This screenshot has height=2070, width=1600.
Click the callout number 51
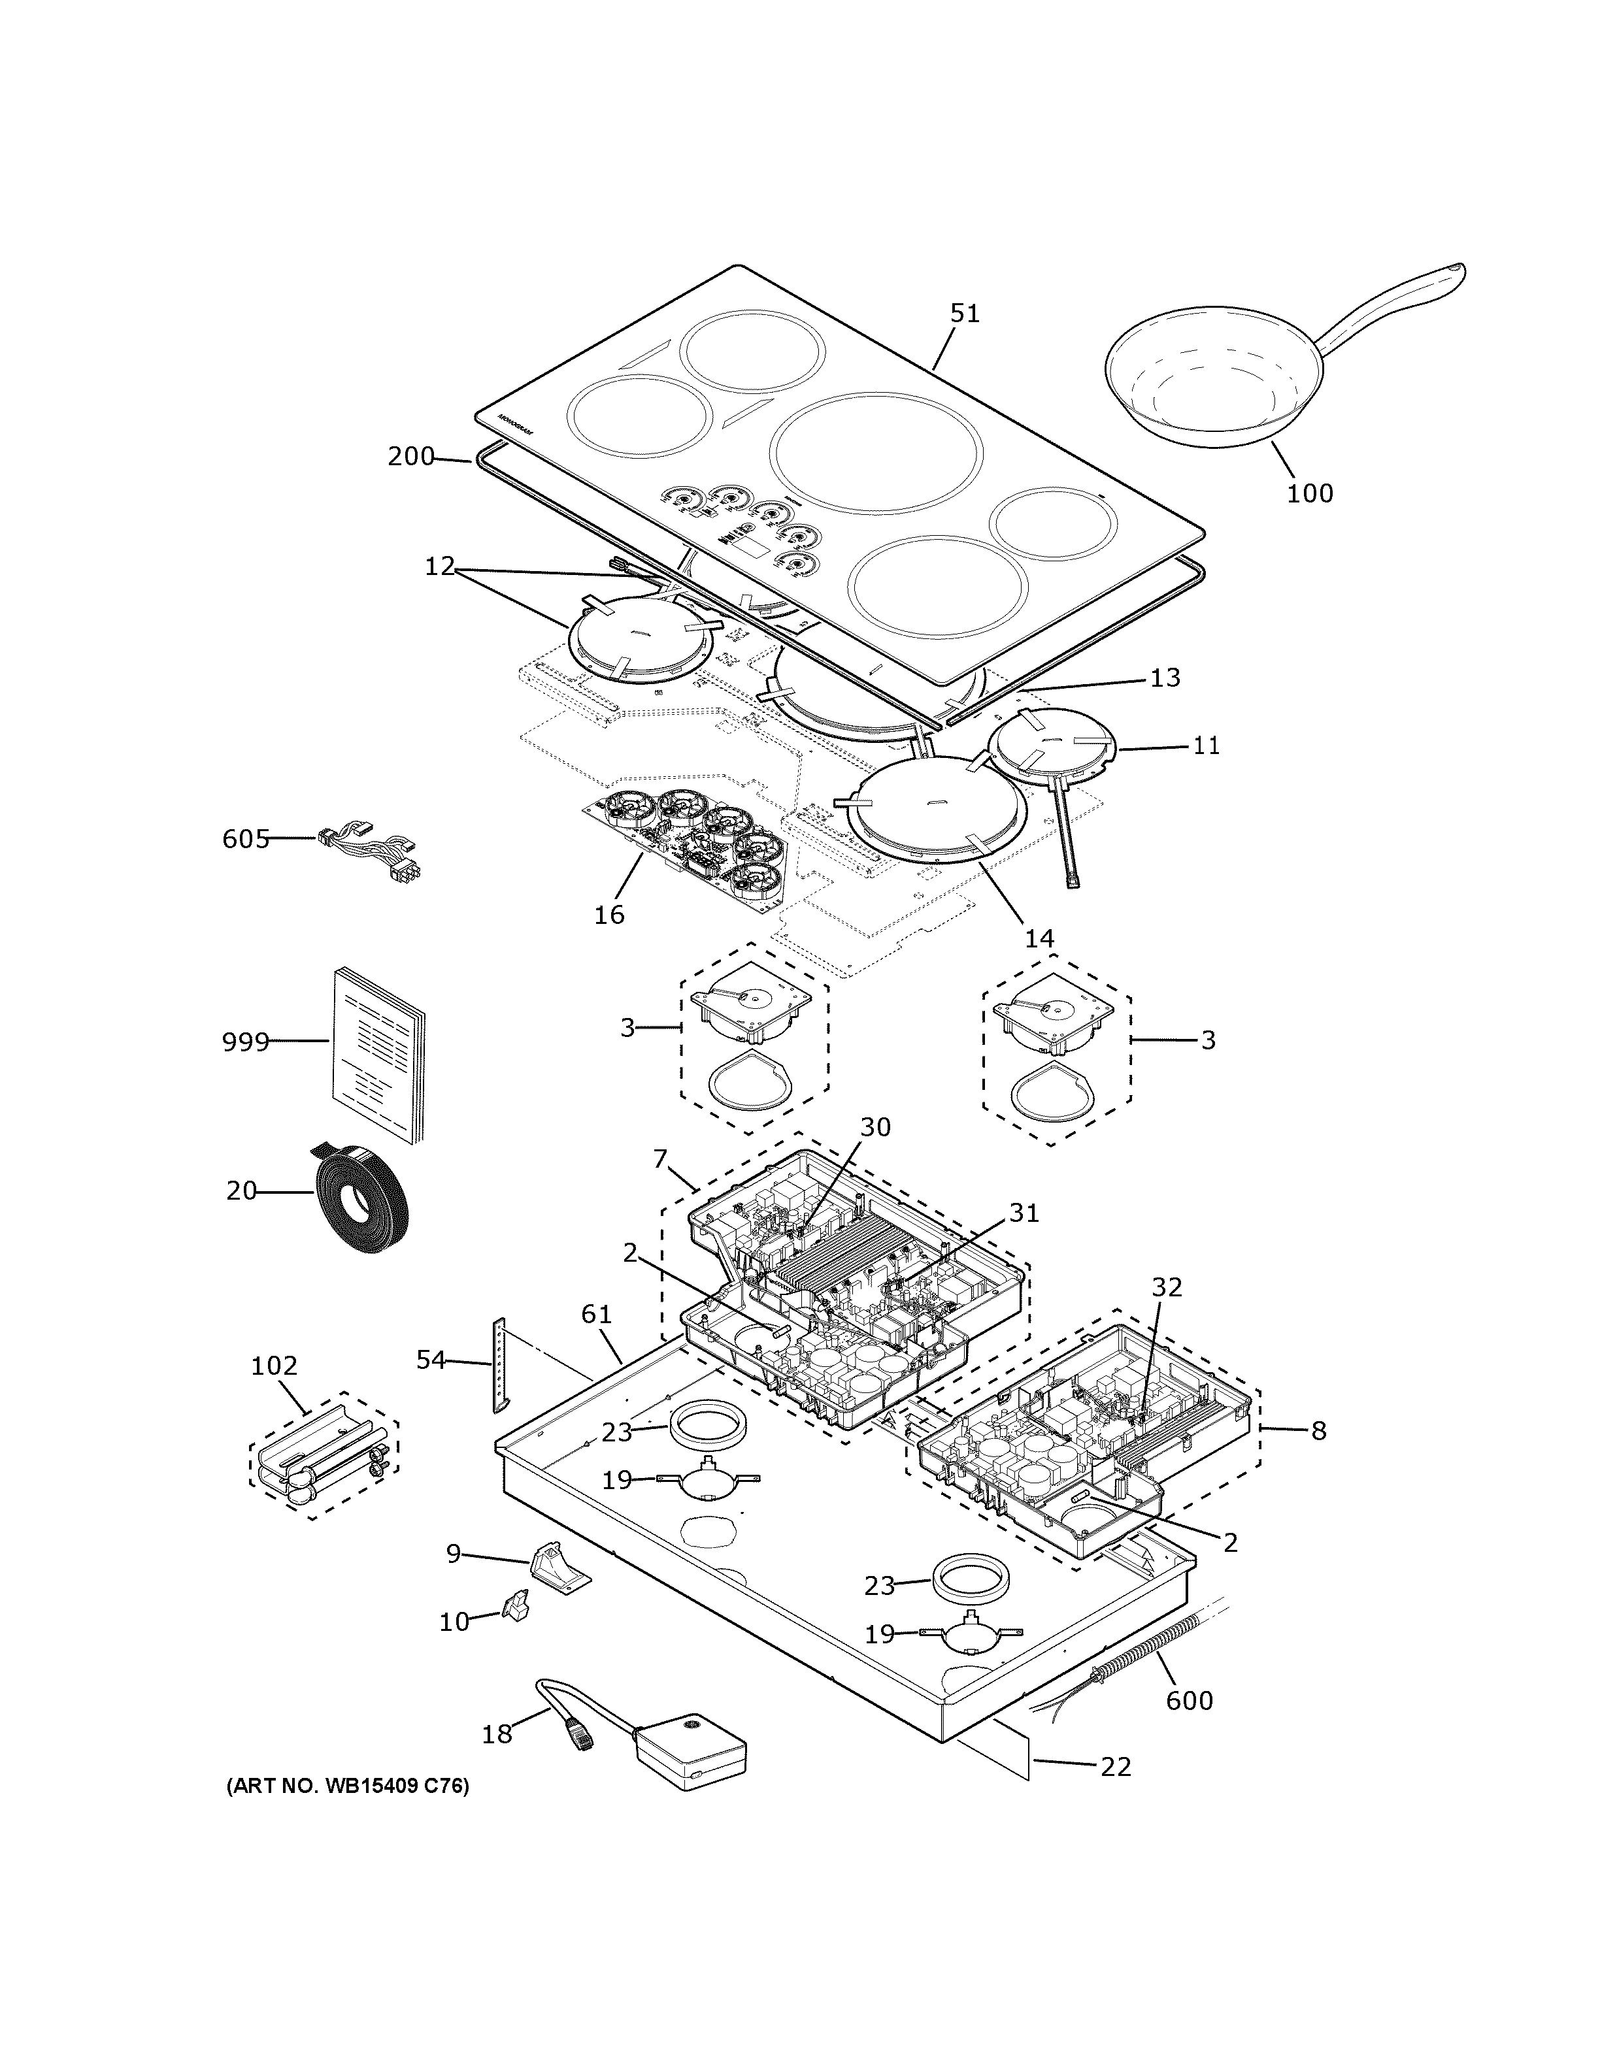coord(964,313)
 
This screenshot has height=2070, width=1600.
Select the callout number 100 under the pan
coord(1309,493)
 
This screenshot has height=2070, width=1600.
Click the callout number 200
coord(410,457)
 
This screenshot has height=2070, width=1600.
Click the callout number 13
coord(1165,678)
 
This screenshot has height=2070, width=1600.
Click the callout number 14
coord(1039,938)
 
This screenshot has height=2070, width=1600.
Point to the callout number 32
coord(1167,1287)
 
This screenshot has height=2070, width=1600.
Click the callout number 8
coord(1318,1431)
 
